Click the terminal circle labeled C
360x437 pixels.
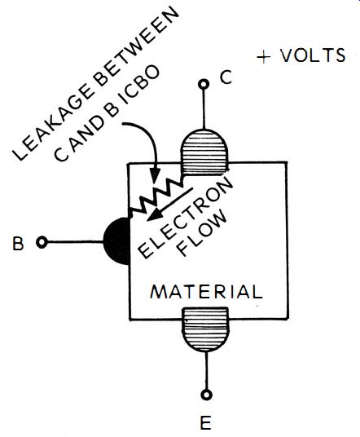204,84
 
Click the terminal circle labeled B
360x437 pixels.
42,242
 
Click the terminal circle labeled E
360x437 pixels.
206,395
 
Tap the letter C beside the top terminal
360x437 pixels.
226,77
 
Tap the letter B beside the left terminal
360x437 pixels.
19,243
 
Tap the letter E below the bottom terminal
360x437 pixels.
206,422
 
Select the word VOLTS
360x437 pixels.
313,55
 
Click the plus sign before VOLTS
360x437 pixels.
263,57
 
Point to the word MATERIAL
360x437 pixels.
206,292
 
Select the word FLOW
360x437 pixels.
203,232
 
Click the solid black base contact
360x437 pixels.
117,241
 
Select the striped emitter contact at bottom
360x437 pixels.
206,329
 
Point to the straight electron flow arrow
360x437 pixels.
169,204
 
